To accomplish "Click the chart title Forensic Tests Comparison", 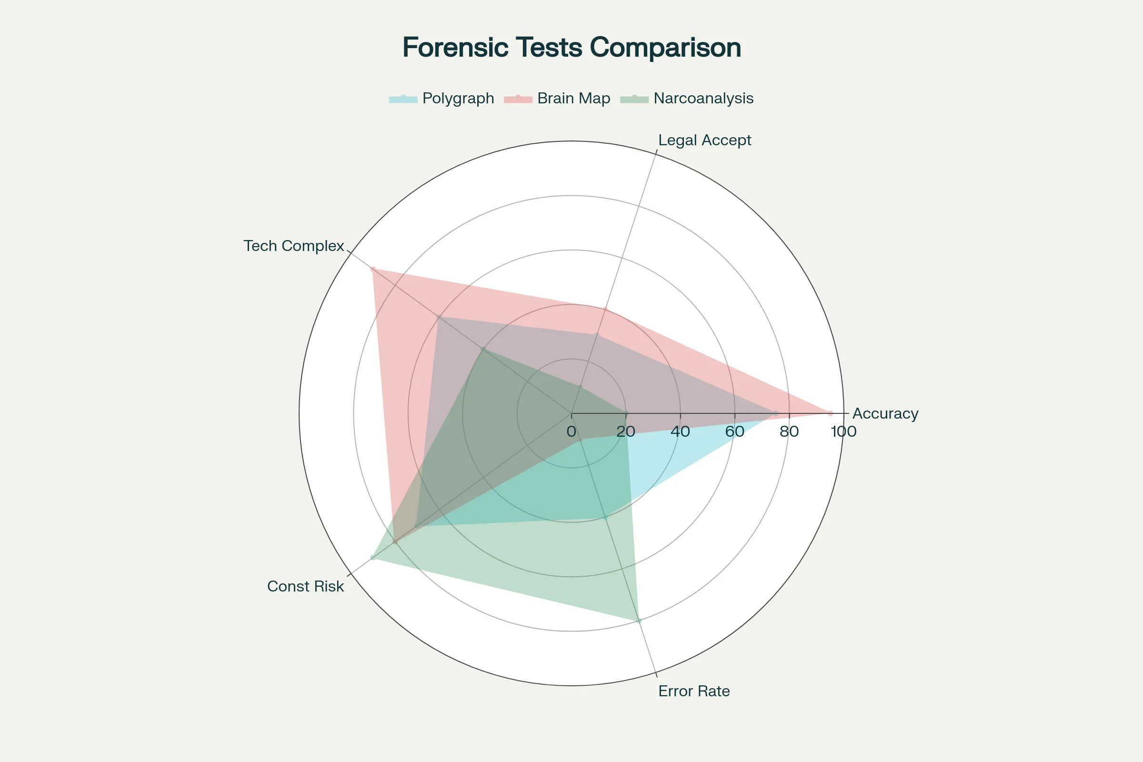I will pyautogui.click(x=571, y=48).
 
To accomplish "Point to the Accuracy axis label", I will pyautogui.click(x=885, y=413).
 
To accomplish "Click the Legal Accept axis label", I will pyautogui.click(x=704, y=140).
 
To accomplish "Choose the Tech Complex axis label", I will pyautogui.click(x=293, y=246).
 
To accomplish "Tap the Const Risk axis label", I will pyautogui.click(x=305, y=587).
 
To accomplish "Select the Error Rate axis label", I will pyautogui.click(x=693, y=691).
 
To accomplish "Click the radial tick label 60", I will pyautogui.click(x=735, y=431).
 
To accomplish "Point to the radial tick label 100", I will pyautogui.click(x=843, y=431).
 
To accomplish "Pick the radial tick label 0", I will pyautogui.click(x=571, y=431).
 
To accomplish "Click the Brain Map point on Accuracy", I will pyautogui.click(x=830, y=413).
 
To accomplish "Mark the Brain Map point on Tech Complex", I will pyautogui.click(x=373, y=269).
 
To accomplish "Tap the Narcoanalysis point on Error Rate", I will pyautogui.click(x=639, y=621).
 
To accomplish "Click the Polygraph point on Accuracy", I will pyautogui.click(x=776, y=413).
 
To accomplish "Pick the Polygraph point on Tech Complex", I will pyautogui.click(x=439, y=317).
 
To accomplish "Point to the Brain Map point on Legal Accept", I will pyautogui.click(x=605, y=310).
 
